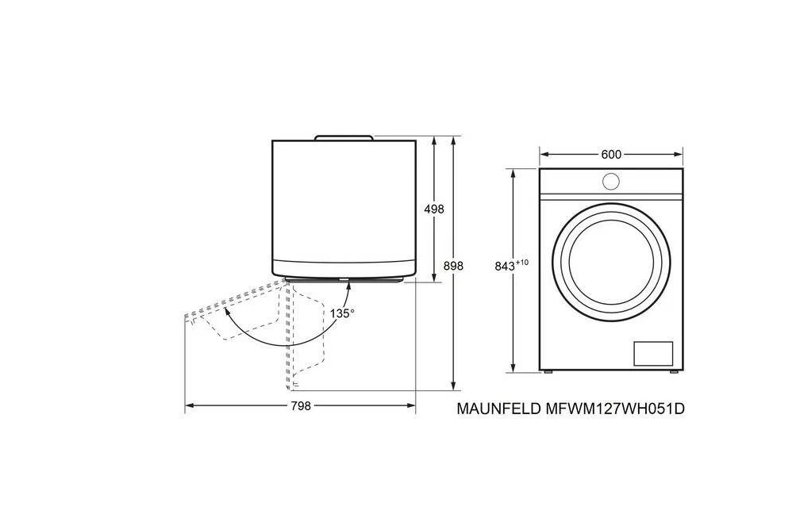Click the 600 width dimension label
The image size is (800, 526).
click(x=611, y=154)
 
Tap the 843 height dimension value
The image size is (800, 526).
click(x=505, y=266)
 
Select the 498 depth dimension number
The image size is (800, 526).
click(x=434, y=209)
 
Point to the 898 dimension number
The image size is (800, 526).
click(x=453, y=266)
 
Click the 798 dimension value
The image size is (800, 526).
click(x=301, y=406)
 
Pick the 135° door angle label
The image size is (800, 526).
click(x=342, y=313)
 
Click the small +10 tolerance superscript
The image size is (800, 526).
click(x=522, y=263)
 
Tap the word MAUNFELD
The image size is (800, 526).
click(x=499, y=409)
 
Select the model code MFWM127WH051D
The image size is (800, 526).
click(x=615, y=409)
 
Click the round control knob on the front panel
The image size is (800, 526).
click(x=611, y=181)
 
